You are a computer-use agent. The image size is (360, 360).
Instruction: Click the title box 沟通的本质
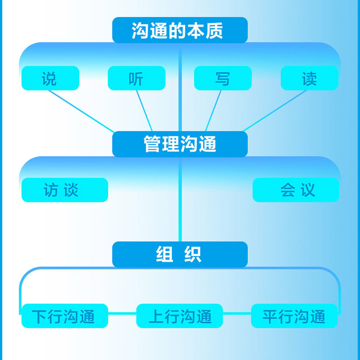click(x=180, y=30)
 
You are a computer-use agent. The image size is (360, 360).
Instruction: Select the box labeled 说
click(x=50, y=78)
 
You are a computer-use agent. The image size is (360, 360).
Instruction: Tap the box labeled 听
click(x=136, y=78)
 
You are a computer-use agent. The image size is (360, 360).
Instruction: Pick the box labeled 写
click(x=223, y=78)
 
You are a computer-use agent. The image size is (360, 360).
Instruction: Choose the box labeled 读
click(x=309, y=78)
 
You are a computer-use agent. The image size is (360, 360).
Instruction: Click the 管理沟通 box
click(x=180, y=144)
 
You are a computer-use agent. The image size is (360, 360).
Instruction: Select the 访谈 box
click(x=64, y=190)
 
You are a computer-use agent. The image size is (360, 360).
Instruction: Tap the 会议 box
click(x=296, y=190)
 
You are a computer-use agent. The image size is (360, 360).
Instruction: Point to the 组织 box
click(x=180, y=254)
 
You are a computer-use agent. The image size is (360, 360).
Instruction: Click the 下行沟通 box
click(x=64, y=316)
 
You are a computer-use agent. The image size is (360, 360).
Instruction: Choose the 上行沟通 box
click(x=180, y=316)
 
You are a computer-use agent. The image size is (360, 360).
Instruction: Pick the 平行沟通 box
click(x=294, y=316)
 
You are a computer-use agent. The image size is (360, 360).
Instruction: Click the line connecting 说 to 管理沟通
click(x=81, y=111)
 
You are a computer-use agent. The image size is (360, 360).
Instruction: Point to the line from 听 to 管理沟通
click(x=144, y=111)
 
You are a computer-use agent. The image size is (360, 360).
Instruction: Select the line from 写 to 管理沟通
click(x=213, y=111)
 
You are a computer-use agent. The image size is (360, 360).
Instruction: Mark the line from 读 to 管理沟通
click(x=274, y=111)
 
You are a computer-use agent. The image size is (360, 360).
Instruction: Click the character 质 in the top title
click(x=216, y=30)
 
